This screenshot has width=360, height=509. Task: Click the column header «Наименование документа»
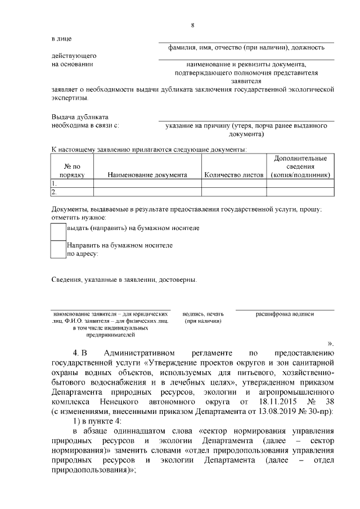tap(147, 175)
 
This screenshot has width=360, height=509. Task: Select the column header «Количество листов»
tap(234, 175)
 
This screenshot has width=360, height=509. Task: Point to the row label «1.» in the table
tap(54, 183)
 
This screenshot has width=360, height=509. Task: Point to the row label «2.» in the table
tap(54, 192)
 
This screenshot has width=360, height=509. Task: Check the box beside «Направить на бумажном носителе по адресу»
tap(58, 249)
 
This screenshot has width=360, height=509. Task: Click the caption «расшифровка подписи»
tap(285, 314)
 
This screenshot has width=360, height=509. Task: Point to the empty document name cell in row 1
tap(147, 183)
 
